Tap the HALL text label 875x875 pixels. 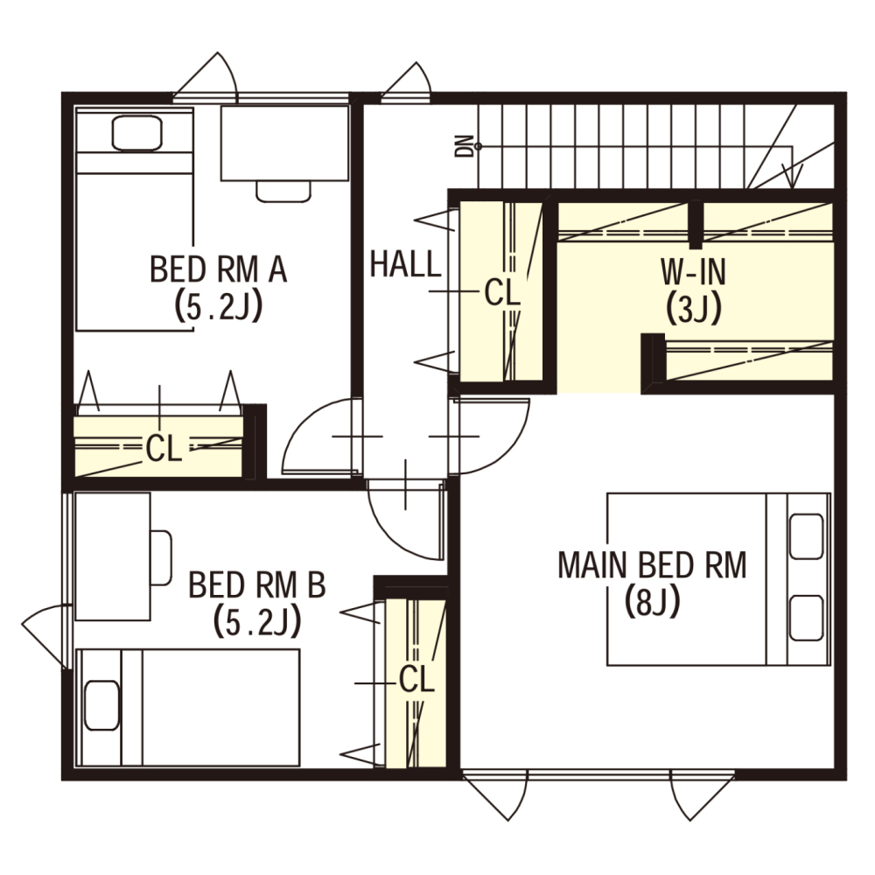click(x=406, y=264)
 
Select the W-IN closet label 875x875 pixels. click(x=694, y=272)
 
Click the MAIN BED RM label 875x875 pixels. click(x=652, y=564)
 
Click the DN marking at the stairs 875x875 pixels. click(x=464, y=146)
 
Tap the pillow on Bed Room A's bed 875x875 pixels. click(x=137, y=133)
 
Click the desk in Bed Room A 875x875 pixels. click(x=284, y=143)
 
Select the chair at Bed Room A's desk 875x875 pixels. click(x=283, y=192)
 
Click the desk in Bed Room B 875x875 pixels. click(x=113, y=556)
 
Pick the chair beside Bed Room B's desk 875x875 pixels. click(x=161, y=558)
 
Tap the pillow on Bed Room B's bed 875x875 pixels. click(x=101, y=705)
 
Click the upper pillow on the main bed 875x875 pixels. click(x=807, y=535)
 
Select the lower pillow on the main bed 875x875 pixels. click(x=807, y=619)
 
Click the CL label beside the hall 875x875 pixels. click(x=502, y=292)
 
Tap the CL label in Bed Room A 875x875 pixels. click(x=164, y=448)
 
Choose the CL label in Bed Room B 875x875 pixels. click(x=416, y=679)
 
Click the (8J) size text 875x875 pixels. click(x=652, y=602)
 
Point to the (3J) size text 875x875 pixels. click(x=694, y=309)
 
